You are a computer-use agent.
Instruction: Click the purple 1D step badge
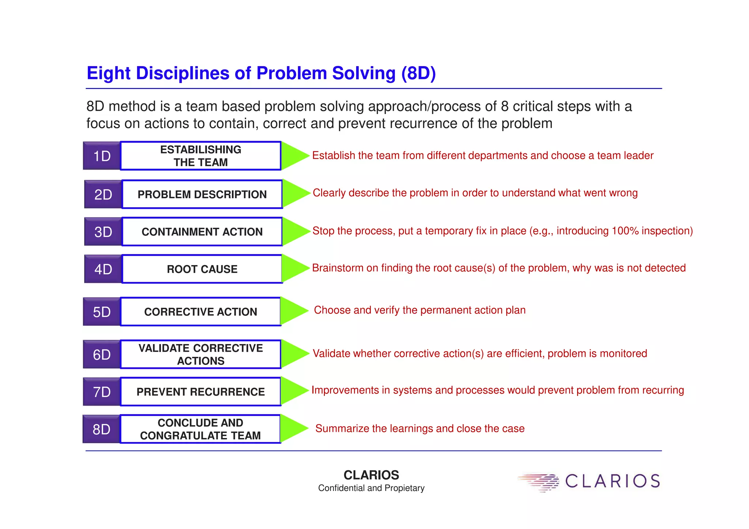pyautogui.click(x=102, y=156)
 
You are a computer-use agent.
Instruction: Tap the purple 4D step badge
pyautogui.click(x=103, y=269)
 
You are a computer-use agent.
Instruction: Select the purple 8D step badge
pyautogui.click(x=101, y=429)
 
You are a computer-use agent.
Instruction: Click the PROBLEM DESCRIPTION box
pyautogui.click(x=202, y=194)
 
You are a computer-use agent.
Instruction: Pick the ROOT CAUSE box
pyautogui.click(x=202, y=269)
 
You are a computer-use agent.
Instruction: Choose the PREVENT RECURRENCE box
pyautogui.click(x=200, y=392)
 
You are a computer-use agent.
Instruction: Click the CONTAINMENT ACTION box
pyautogui.click(x=202, y=232)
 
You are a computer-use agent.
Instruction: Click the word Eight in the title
pyautogui.click(x=108, y=73)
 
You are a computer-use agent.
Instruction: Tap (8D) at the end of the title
pyautogui.click(x=418, y=73)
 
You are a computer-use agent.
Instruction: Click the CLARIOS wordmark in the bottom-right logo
pyautogui.click(x=613, y=481)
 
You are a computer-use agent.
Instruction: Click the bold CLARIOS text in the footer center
pyautogui.click(x=371, y=475)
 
